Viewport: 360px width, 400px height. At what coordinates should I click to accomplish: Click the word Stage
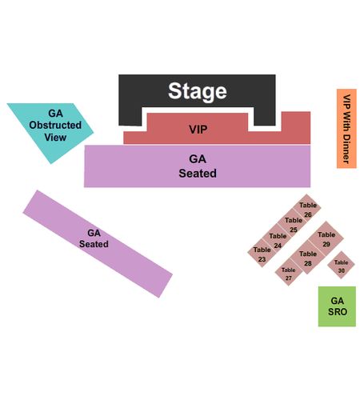[198, 91]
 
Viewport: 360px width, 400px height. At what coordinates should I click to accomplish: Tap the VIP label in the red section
[198, 130]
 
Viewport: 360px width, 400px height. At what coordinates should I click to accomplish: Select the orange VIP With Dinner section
[346, 129]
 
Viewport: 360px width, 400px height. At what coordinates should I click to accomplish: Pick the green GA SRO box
[337, 306]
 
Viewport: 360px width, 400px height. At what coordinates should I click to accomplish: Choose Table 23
[262, 254]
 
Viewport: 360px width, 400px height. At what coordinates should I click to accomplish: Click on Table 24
[278, 240]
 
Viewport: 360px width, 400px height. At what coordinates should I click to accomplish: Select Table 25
[293, 225]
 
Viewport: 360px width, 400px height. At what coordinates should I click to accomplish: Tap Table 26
[307, 210]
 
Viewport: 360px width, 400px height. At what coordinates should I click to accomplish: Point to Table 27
[289, 274]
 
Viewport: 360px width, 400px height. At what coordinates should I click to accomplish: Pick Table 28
[308, 258]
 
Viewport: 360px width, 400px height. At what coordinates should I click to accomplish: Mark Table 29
[326, 239]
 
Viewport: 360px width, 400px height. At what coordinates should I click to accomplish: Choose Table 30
[341, 266]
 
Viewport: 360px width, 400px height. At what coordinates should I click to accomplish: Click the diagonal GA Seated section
[98, 244]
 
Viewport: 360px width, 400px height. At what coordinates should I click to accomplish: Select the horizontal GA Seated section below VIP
[197, 166]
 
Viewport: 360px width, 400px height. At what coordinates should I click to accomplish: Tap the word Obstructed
[55, 125]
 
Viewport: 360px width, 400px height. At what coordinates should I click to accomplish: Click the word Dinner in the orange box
[346, 149]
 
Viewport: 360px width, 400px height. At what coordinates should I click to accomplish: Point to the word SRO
[338, 312]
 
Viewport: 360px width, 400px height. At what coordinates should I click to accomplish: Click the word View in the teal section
[55, 138]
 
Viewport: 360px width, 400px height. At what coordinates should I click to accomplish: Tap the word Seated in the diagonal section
[94, 244]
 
